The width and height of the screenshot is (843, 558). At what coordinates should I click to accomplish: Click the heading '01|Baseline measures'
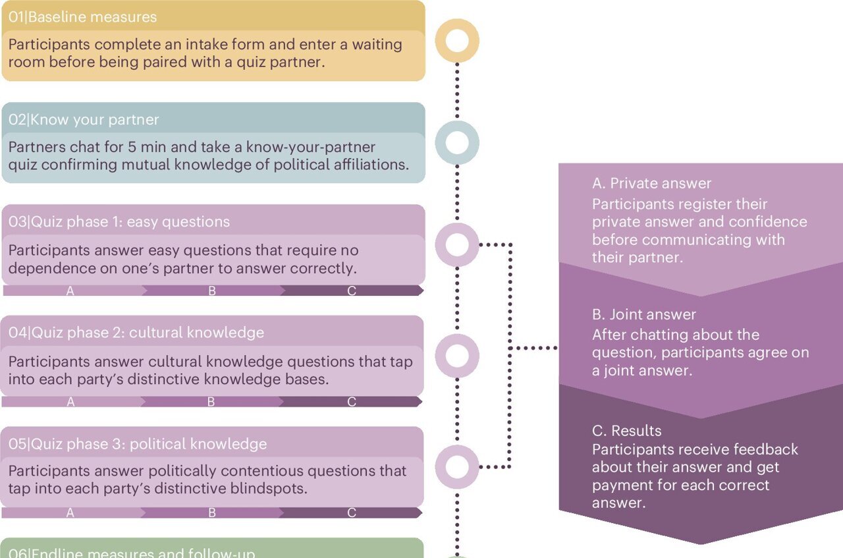pyautogui.click(x=83, y=16)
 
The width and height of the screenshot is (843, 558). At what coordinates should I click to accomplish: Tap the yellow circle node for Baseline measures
pyautogui.click(x=457, y=41)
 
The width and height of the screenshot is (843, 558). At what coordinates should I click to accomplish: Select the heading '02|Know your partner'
pyautogui.click(x=84, y=119)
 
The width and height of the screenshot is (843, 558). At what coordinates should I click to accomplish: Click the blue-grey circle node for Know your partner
pyautogui.click(x=457, y=142)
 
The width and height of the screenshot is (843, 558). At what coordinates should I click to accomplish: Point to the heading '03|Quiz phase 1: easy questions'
pyautogui.click(x=119, y=221)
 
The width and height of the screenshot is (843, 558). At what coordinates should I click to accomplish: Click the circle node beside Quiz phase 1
pyautogui.click(x=457, y=245)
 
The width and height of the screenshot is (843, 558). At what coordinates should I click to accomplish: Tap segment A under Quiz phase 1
pyautogui.click(x=70, y=291)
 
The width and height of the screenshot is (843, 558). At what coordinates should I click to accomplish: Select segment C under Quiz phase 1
pyautogui.click(x=352, y=291)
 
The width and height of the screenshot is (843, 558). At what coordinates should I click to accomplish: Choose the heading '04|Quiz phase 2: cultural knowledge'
pyautogui.click(x=136, y=332)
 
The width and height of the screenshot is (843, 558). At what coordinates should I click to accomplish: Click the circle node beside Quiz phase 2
pyautogui.click(x=457, y=356)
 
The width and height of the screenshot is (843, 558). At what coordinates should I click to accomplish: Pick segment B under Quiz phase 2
pyautogui.click(x=211, y=401)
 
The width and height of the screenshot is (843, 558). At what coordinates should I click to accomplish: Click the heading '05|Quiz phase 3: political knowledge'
pyautogui.click(x=138, y=443)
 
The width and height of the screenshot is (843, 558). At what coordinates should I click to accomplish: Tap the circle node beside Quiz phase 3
pyautogui.click(x=457, y=466)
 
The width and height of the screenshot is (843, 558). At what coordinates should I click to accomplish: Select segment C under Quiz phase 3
pyautogui.click(x=352, y=513)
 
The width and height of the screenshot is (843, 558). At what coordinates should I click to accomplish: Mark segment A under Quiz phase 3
pyautogui.click(x=70, y=513)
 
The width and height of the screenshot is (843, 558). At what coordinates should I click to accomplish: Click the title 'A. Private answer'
pyautogui.click(x=651, y=183)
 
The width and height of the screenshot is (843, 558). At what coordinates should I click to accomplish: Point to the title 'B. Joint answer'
pyautogui.click(x=643, y=314)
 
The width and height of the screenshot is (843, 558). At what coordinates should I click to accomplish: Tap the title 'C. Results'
pyautogui.click(x=626, y=431)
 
